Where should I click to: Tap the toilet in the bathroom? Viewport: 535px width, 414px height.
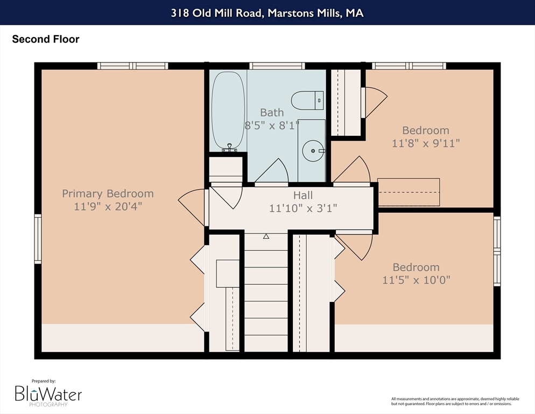click(x=307, y=100)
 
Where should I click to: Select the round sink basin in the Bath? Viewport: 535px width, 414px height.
click(x=313, y=151)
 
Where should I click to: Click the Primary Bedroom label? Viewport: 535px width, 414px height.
click(x=108, y=194)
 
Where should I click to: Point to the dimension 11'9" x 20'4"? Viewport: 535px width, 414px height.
click(x=108, y=206)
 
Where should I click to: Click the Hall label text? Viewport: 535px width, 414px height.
click(x=303, y=195)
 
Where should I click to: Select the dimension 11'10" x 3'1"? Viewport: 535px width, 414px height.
click(x=303, y=208)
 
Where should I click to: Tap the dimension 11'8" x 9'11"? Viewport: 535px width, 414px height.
click(x=426, y=143)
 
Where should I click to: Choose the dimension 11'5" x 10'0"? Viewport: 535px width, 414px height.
click(x=416, y=280)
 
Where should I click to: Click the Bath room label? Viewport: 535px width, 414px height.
click(x=272, y=113)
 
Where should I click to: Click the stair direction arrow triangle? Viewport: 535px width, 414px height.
click(x=266, y=236)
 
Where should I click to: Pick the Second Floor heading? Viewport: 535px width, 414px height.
click(x=46, y=39)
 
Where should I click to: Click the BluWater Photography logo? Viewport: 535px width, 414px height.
click(x=48, y=394)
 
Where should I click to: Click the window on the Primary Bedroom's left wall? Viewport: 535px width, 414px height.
click(x=38, y=239)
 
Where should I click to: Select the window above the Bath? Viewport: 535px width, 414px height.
click(x=277, y=66)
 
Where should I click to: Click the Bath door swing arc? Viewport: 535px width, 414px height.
click(x=272, y=170)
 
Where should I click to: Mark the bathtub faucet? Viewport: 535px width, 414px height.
click(x=230, y=148)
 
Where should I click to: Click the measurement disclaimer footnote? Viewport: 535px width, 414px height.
click(x=455, y=402)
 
